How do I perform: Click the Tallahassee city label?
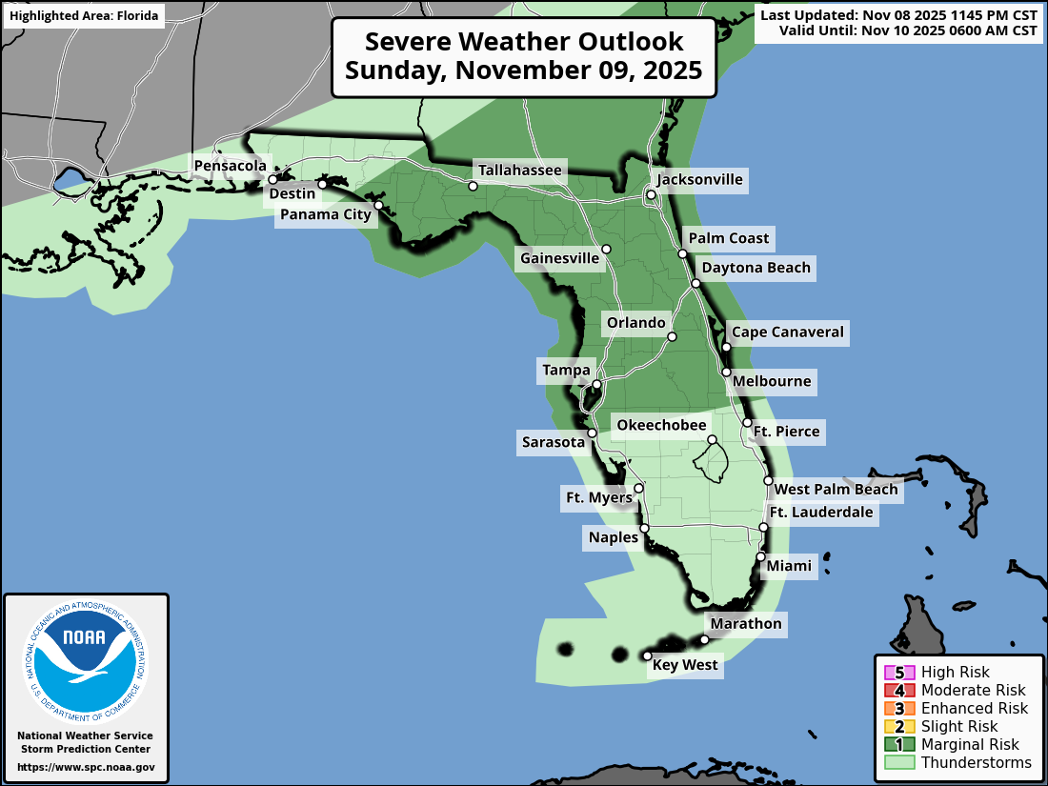click(520, 171)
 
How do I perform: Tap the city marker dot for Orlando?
click(672, 336)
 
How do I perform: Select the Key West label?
click(685, 665)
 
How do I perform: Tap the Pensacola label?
click(230, 166)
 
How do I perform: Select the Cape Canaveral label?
click(787, 333)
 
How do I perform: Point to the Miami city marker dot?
click(760, 556)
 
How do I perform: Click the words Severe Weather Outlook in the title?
click(524, 43)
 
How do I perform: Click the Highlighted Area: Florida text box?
click(83, 16)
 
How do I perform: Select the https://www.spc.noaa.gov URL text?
click(86, 767)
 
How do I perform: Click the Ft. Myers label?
click(598, 497)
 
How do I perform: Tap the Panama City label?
click(325, 214)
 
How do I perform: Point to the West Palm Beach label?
click(836, 490)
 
